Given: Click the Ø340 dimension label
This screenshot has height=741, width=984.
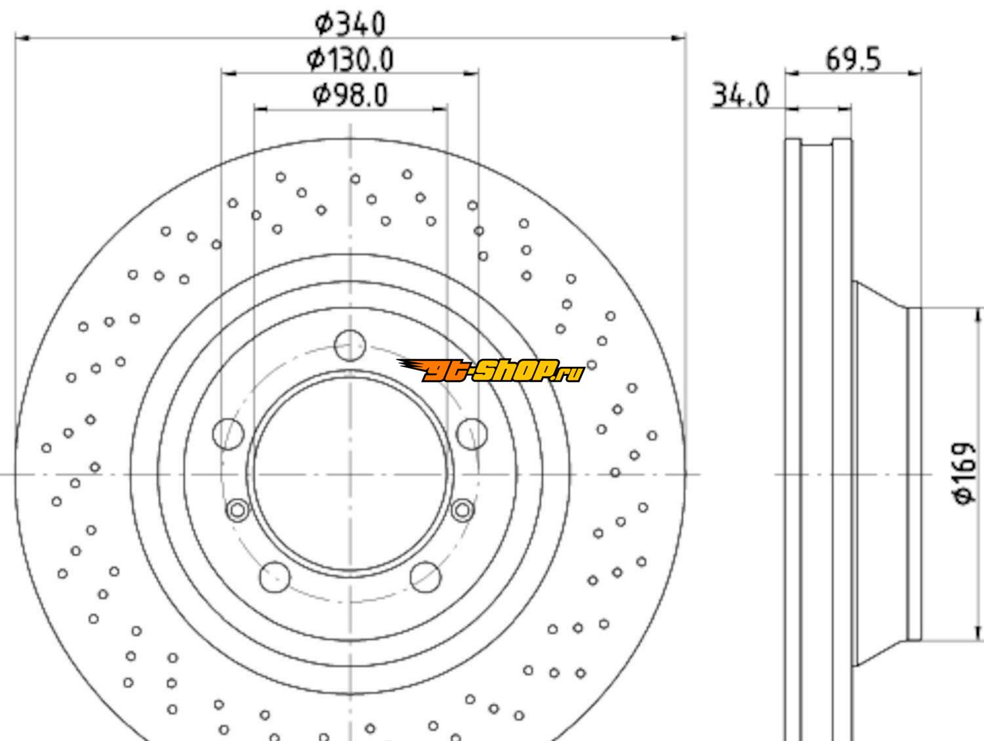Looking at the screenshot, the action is (350, 24).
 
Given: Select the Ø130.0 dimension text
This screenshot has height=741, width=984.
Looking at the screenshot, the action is (350, 60).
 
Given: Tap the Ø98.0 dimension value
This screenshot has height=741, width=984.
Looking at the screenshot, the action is (350, 95).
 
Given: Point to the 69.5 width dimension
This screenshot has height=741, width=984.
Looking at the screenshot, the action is (853, 60).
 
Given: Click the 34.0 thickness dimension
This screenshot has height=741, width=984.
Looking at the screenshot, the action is (740, 95).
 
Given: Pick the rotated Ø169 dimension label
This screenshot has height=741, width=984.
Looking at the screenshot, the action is (964, 474).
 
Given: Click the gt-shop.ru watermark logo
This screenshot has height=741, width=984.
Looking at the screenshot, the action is (491, 370).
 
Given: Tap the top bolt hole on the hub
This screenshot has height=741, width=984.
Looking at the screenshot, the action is (350, 345).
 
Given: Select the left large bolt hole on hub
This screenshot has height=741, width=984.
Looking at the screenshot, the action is (228, 434).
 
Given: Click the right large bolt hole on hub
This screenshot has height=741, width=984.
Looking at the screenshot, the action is (472, 434).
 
